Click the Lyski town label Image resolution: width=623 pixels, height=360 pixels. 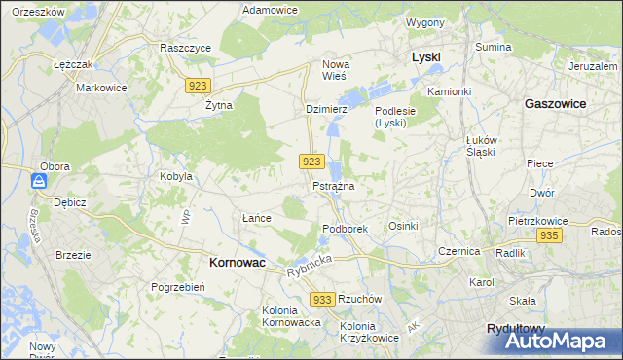click(x=426, y=57)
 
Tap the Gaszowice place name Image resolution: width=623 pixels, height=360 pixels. click(x=555, y=102)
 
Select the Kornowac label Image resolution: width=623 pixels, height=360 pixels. click(x=238, y=262)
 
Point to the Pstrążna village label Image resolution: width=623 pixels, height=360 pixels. click(x=333, y=185)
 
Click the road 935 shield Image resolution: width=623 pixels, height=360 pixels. click(x=549, y=236)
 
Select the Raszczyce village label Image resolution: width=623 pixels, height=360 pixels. click(x=185, y=47)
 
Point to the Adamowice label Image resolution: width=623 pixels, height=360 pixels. click(x=270, y=9)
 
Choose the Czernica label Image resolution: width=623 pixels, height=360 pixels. click(x=459, y=250)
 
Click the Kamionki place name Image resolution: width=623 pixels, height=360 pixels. click(x=449, y=90)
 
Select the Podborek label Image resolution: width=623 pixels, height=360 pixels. click(x=344, y=228)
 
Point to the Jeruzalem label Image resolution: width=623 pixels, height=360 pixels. click(x=595, y=66)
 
